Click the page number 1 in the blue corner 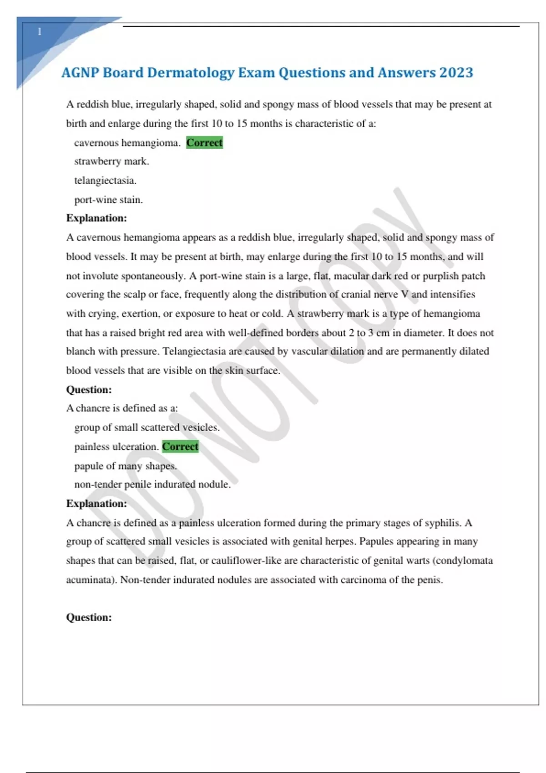click(40, 32)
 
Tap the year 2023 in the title click(456, 73)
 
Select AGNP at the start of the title click(80, 73)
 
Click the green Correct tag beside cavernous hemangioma click(204, 143)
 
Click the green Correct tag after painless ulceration click(180, 447)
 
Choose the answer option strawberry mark click(111, 161)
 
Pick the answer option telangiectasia click(105, 181)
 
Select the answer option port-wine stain click(108, 200)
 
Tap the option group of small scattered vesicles click(147, 427)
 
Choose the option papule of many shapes click(125, 466)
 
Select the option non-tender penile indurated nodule click(152, 484)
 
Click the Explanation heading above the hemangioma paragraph click(96, 218)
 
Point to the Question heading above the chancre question click(89, 390)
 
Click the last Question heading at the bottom click(89, 617)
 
